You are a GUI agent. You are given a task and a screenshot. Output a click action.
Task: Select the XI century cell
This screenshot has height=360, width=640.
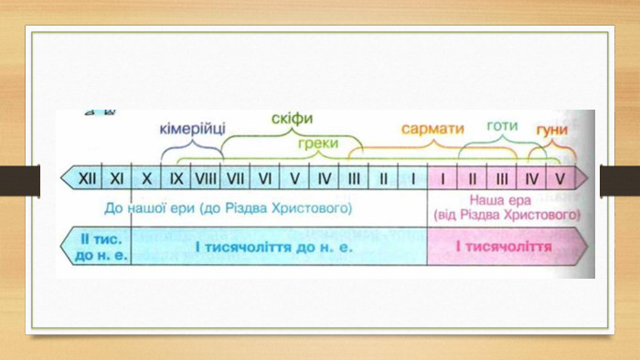[x=116, y=178]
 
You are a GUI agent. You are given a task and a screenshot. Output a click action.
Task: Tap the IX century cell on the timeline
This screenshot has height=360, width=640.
[x=176, y=178]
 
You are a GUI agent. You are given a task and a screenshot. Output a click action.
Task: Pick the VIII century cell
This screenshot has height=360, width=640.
[x=206, y=178]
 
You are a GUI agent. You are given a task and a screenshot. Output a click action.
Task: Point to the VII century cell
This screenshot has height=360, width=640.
[x=235, y=178]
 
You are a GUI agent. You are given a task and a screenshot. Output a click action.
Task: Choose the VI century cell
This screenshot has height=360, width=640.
[x=265, y=178]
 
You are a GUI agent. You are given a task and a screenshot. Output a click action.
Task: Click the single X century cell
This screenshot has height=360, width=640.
[x=146, y=178]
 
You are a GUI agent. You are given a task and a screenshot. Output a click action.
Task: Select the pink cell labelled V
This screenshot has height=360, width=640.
[x=563, y=178]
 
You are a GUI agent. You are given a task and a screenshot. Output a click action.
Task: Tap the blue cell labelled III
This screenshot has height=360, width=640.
[x=354, y=178]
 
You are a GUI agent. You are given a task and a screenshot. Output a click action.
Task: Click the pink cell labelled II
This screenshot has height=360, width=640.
[x=472, y=178]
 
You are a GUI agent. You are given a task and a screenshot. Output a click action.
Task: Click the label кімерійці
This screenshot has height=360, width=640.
[x=192, y=129]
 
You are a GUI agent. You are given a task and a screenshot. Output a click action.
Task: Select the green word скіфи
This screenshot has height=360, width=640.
[x=293, y=118]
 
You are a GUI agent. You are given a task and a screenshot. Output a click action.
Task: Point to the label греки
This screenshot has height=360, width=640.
[x=318, y=143]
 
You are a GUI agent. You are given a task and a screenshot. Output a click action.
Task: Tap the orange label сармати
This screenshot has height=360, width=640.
[x=432, y=129]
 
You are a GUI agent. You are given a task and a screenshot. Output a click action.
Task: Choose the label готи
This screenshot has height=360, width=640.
[x=503, y=126]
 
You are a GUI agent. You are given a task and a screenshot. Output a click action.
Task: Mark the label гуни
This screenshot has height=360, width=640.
[x=552, y=130]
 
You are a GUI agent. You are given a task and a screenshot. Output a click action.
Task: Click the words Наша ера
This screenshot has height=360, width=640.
[x=500, y=200]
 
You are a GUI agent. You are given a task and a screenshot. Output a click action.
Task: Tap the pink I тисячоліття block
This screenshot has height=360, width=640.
[x=507, y=247]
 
